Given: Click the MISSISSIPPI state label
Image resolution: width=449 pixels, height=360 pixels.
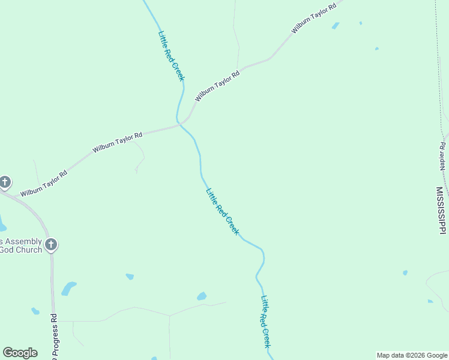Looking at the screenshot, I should coord(441,210).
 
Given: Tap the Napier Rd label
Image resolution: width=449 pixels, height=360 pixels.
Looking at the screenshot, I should coord(442,157).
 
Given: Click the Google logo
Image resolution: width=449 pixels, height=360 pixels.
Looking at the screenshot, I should coord(20,353).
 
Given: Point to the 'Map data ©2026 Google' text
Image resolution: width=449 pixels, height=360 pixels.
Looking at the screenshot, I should coord(412,355).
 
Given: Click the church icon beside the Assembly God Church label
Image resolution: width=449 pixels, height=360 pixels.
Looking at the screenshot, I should coord(51,245).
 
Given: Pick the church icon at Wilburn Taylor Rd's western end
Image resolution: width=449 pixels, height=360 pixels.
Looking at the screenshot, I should coord(5,182).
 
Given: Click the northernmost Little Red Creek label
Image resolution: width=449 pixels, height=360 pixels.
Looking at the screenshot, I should coord(172,55).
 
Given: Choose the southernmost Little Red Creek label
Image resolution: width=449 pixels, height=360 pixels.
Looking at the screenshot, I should coord(266,322).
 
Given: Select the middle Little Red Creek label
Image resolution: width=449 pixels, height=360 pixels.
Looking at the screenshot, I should coord(222,212).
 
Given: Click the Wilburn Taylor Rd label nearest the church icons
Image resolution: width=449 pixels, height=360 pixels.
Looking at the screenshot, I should coord(43,184).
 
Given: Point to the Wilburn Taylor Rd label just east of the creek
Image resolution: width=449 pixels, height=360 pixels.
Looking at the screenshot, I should coord(217,86).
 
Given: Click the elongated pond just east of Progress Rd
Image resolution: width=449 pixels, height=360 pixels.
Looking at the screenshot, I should coord(68,289).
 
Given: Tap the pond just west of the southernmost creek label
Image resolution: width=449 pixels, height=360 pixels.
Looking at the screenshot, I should coord(202,296).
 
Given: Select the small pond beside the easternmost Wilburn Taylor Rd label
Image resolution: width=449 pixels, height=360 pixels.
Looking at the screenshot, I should coord(336,26).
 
